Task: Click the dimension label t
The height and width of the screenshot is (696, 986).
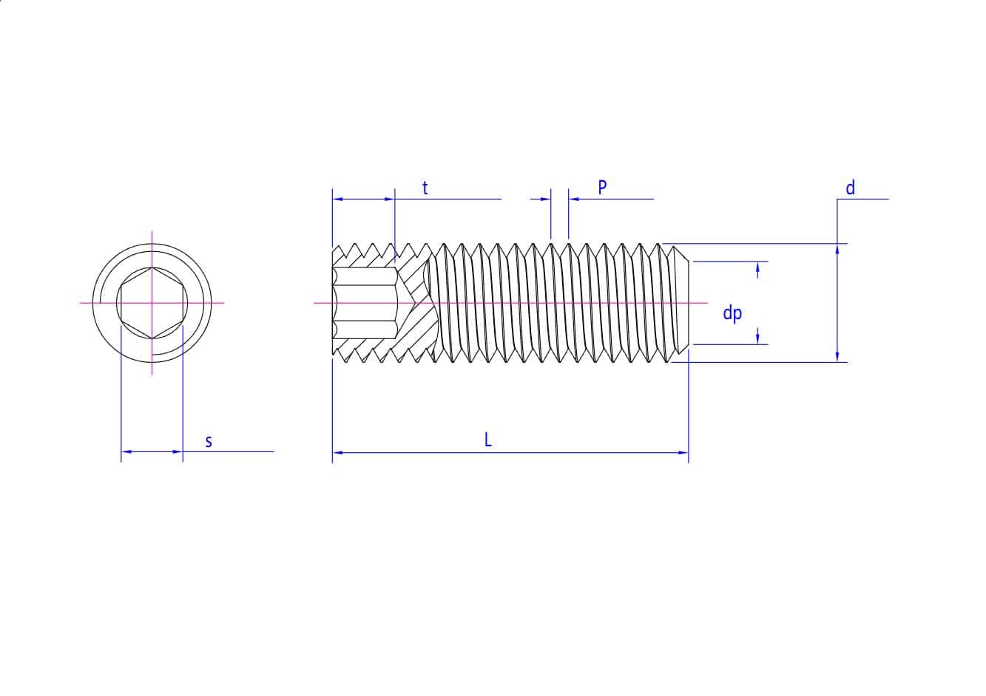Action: pyautogui.click(x=425, y=188)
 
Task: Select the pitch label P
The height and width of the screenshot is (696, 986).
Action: pyautogui.click(x=602, y=188)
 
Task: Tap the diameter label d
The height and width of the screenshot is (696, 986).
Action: pyautogui.click(x=850, y=188)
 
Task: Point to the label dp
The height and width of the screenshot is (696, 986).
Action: pyautogui.click(x=732, y=313)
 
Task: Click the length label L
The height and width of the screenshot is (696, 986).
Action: pyautogui.click(x=488, y=440)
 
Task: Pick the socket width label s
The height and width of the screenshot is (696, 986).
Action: pyautogui.click(x=209, y=442)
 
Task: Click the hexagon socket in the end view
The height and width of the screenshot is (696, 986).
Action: pyautogui.click(x=152, y=303)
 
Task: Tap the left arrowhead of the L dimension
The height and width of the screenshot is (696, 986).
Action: pyautogui.click(x=337, y=451)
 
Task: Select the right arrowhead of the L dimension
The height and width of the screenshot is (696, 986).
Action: pyautogui.click(x=683, y=451)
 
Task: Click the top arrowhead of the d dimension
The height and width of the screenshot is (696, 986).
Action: pyautogui.click(x=837, y=249)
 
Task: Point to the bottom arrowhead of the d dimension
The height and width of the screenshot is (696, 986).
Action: pyautogui.click(x=837, y=357)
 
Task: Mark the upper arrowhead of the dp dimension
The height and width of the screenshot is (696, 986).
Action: pyautogui.click(x=757, y=271)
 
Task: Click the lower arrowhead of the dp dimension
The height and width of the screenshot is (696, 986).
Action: pyautogui.click(x=757, y=335)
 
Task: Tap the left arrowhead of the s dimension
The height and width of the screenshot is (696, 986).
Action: pyautogui.click(x=126, y=451)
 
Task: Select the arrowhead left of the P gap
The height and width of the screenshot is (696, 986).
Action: pyautogui.click(x=547, y=199)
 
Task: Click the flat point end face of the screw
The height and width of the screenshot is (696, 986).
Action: pyautogui.click(x=689, y=303)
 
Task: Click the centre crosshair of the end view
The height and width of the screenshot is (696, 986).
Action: pyautogui.click(x=152, y=303)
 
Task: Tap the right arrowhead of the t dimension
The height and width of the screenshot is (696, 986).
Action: pyautogui.click(x=390, y=199)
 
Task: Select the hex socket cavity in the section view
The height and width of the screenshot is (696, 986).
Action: pyautogui.click(x=365, y=303)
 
